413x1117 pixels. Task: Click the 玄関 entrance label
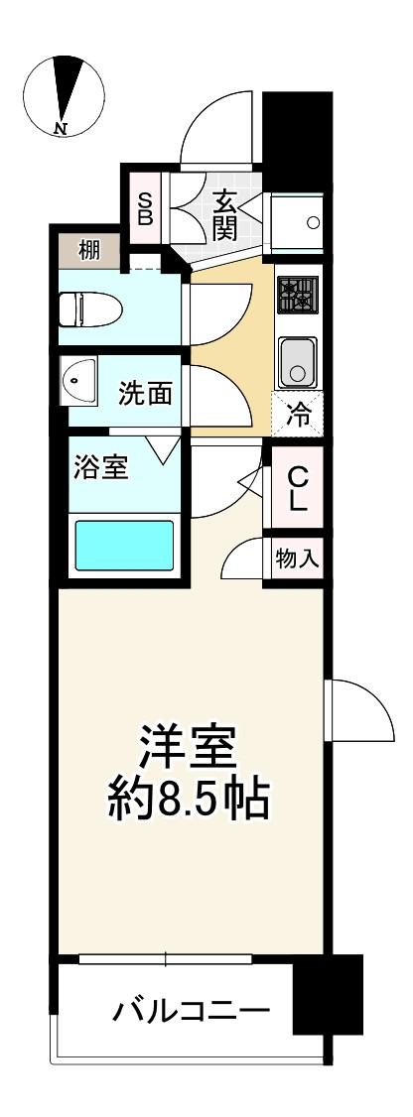pos(223,214)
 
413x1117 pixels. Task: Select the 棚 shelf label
pos(88,250)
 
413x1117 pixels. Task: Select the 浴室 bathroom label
pos(100,467)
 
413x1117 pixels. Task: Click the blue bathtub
pos(125,544)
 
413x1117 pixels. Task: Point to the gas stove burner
pos(295,295)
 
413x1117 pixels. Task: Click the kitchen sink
pos(295,360)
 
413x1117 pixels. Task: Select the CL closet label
pos(298,489)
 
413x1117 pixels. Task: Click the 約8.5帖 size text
pos(189,800)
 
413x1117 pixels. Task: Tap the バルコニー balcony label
pos(191,1013)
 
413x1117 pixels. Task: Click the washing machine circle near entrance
pos(314,222)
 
